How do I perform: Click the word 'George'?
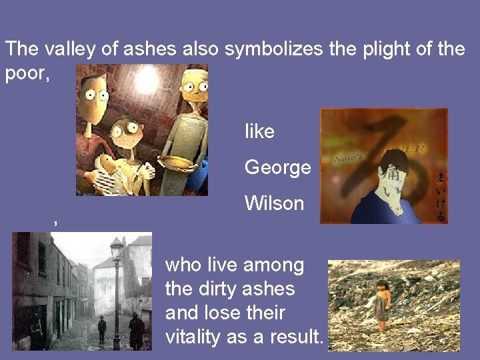click(277, 167)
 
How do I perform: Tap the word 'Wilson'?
click(274, 203)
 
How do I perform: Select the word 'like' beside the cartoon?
click(259, 132)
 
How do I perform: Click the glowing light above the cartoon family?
click(147, 80)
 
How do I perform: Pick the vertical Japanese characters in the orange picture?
click(440, 197)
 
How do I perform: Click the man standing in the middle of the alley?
click(101, 328)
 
